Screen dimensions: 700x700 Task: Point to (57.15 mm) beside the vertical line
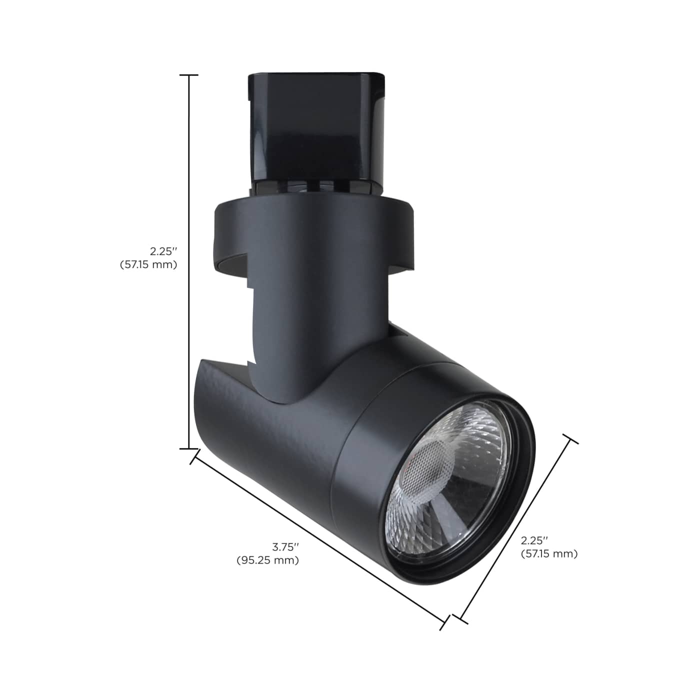pyautogui.click(x=148, y=264)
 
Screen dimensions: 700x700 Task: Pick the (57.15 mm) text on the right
pyautogui.click(x=549, y=553)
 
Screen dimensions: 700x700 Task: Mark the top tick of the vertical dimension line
pyautogui.click(x=188, y=75)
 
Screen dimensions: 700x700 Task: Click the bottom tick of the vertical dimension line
pyautogui.click(x=188, y=448)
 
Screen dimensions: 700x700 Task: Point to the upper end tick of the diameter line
pyautogui.click(x=570, y=439)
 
